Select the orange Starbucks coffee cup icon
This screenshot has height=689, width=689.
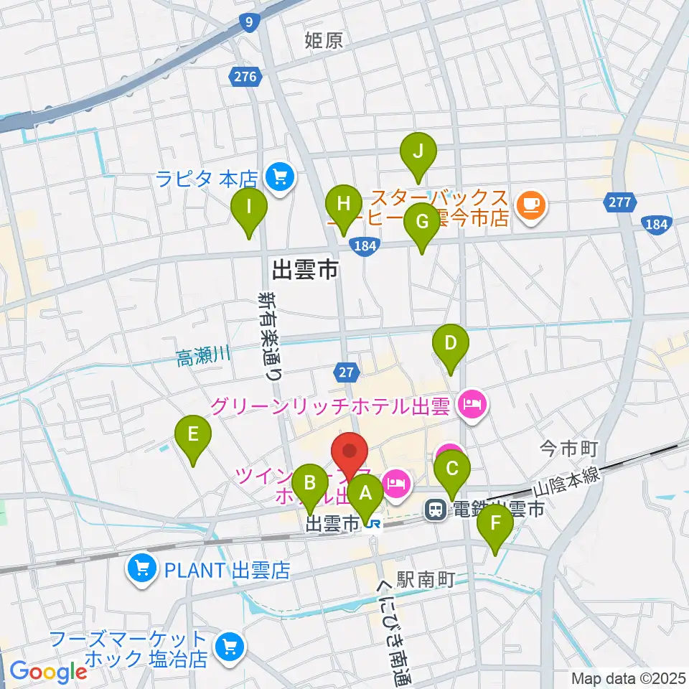pos(531,207)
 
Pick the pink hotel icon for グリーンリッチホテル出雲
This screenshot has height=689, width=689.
pos(472,407)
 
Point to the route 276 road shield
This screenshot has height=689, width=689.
pos(244,76)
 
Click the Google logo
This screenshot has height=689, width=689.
pos(49,671)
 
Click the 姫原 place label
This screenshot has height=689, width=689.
pos(324,40)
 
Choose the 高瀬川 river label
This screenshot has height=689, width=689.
pos(203,355)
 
